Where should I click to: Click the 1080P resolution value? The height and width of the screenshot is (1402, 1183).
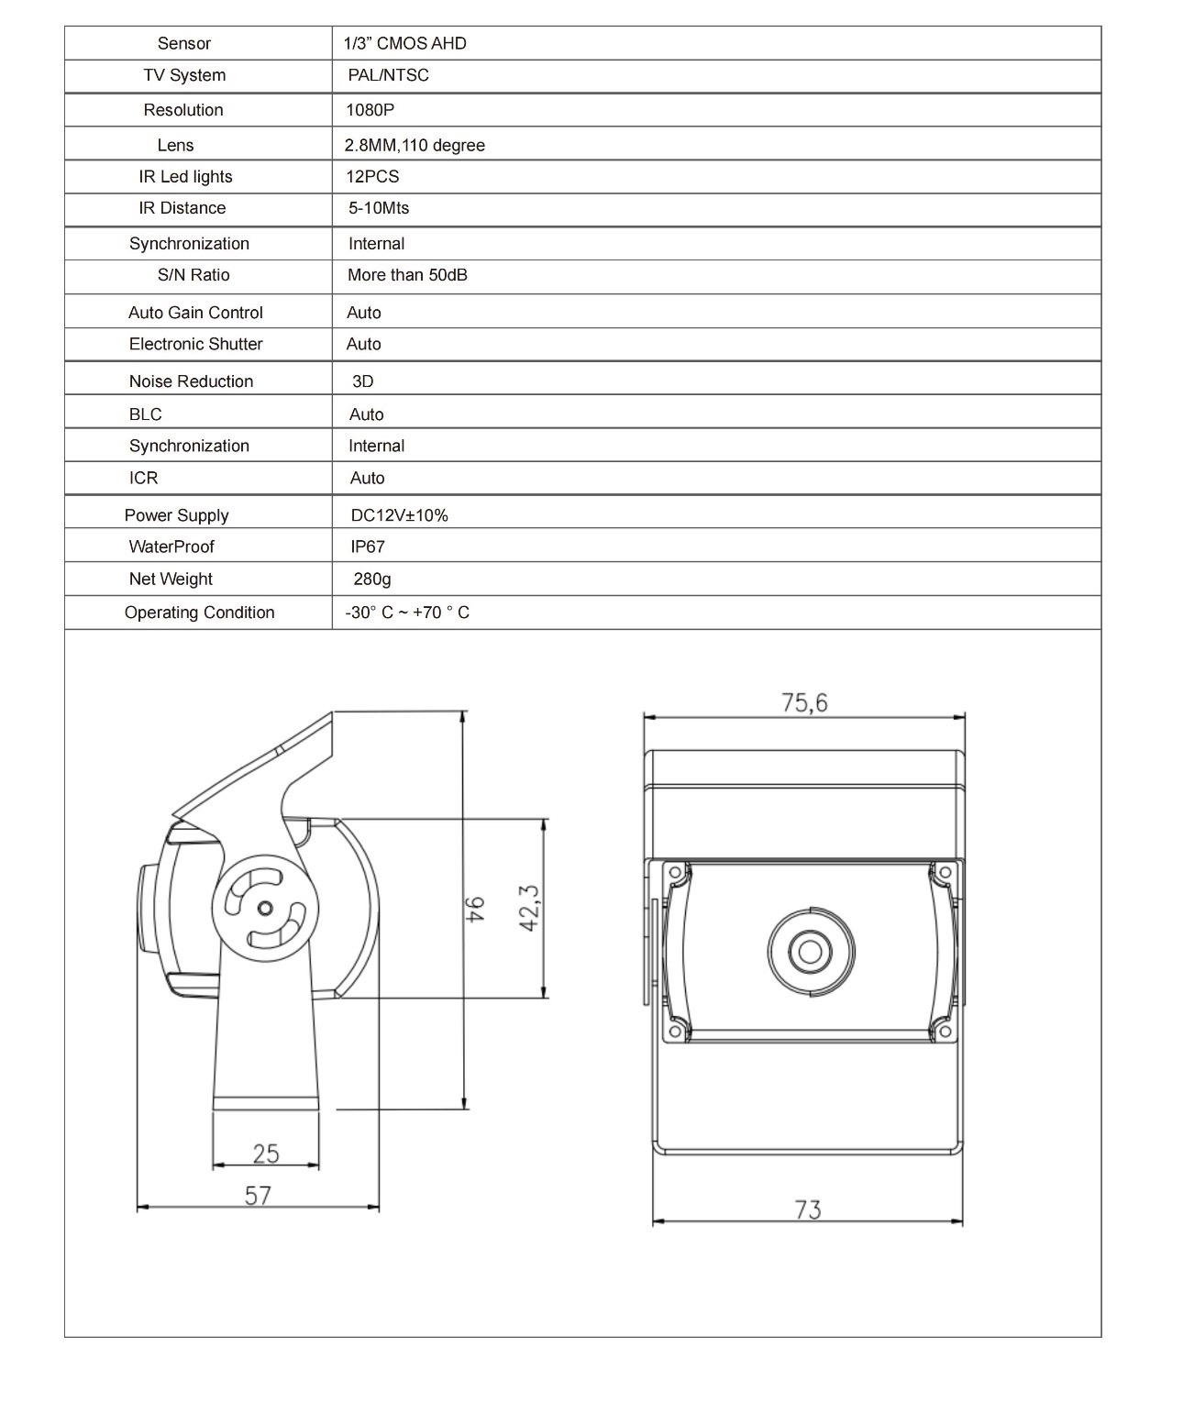[x=370, y=110]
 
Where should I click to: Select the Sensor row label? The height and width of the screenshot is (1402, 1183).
[x=183, y=43]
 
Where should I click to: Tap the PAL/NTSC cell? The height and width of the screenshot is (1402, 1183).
[x=388, y=75]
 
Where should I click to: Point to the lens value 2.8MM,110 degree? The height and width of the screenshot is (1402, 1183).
[x=415, y=145]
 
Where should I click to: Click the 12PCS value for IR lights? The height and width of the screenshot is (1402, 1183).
[x=372, y=177]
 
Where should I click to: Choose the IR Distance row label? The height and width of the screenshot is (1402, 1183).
[x=182, y=208]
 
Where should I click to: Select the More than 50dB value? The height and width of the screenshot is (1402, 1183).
[x=407, y=275]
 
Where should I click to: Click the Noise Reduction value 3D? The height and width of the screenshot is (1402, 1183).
[x=362, y=381]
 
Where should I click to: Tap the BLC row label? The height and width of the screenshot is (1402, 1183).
[x=145, y=414]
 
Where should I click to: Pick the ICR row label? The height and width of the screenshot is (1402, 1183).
[x=143, y=478]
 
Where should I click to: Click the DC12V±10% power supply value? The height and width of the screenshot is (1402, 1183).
[x=399, y=515]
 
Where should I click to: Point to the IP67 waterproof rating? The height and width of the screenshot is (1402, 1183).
[x=368, y=546]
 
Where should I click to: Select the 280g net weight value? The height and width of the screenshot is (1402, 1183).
[x=372, y=579]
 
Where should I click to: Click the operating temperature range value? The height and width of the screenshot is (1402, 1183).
[x=407, y=613]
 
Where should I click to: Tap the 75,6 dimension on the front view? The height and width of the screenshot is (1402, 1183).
[x=804, y=702]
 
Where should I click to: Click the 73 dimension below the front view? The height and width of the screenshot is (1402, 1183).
[x=808, y=1209]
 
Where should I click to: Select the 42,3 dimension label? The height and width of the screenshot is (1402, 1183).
[x=529, y=908]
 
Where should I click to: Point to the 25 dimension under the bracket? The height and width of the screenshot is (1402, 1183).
[x=265, y=1153]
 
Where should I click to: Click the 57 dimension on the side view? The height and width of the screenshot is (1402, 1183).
[x=258, y=1195]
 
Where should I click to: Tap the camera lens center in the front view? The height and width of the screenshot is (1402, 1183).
[x=810, y=951]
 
